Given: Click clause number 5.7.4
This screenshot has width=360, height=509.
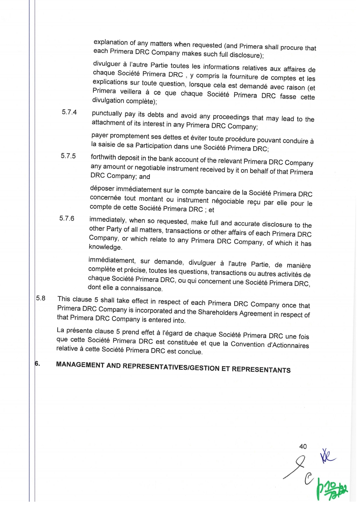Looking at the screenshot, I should point(69,112).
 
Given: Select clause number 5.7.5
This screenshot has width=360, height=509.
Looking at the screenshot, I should point(68,156).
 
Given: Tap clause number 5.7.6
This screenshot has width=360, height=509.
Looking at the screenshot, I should point(67,218).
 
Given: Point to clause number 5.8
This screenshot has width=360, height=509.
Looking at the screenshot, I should point(41,298).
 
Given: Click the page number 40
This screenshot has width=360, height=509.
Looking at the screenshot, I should point(303,446).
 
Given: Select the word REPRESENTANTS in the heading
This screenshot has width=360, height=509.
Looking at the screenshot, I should point(261,369).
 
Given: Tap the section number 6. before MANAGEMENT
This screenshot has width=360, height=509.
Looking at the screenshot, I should point(37,363).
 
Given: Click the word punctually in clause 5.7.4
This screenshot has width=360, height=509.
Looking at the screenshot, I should point(107,114).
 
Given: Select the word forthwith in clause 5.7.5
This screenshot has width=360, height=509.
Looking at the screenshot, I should point(103,157).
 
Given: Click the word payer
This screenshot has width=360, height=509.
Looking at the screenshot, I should point(100,135).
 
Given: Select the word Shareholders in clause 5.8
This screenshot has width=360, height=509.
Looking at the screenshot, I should point(218,313).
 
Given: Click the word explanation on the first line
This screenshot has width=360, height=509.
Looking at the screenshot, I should point(110,42).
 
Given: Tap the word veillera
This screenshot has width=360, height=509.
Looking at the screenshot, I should point(128,92).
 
